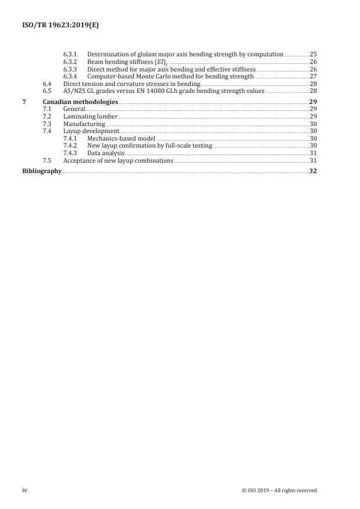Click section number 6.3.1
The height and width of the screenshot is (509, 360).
click(70, 54)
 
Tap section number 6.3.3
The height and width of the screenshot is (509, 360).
click(70, 69)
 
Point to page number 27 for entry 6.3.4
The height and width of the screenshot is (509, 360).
click(313, 76)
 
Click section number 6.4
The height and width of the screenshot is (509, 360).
click(48, 84)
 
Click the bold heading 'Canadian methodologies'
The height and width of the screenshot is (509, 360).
click(80, 102)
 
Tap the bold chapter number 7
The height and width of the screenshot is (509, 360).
click(24, 102)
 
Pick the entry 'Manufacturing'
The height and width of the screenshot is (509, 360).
click(84, 124)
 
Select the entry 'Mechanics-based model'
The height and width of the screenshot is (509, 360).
click(119, 138)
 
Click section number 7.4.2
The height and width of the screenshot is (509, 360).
click(70, 146)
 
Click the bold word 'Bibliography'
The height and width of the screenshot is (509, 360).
click(42, 171)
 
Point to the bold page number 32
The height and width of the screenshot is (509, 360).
click(313, 171)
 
